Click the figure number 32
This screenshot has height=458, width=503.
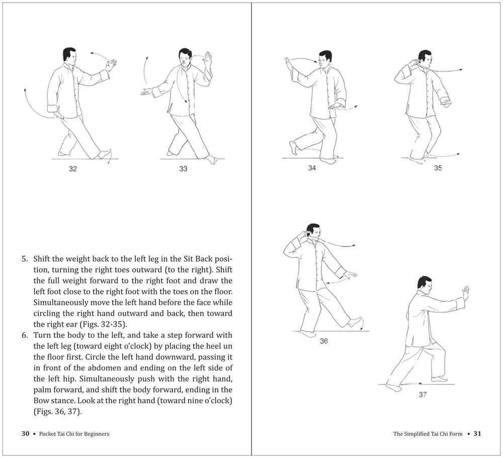pos(73,169)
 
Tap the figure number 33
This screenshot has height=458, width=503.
pos(183,169)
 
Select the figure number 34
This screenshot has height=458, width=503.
pos(312,168)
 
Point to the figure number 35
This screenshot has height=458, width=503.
pos(438,168)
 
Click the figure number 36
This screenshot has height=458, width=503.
pos(323,341)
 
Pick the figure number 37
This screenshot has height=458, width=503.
pos(423,395)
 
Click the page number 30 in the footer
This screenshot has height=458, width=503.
pos(26,434)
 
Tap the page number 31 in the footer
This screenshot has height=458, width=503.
pos(477,434)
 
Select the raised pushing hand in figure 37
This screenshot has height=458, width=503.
pos(465,293)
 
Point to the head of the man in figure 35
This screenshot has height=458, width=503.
pos(425,58)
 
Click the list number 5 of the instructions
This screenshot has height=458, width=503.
pos(25,258)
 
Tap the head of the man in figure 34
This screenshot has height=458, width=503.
pos(324,58)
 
